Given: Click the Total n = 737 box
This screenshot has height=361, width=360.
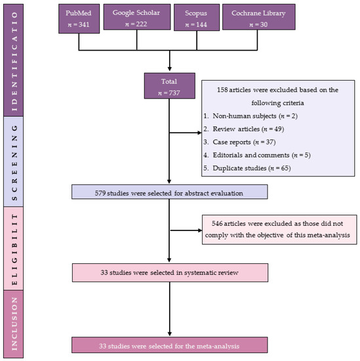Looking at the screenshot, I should point(170,87).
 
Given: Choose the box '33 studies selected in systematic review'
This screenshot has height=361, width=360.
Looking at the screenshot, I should point(170,271).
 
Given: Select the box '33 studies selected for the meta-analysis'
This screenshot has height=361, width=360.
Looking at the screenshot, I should point(170,343).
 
